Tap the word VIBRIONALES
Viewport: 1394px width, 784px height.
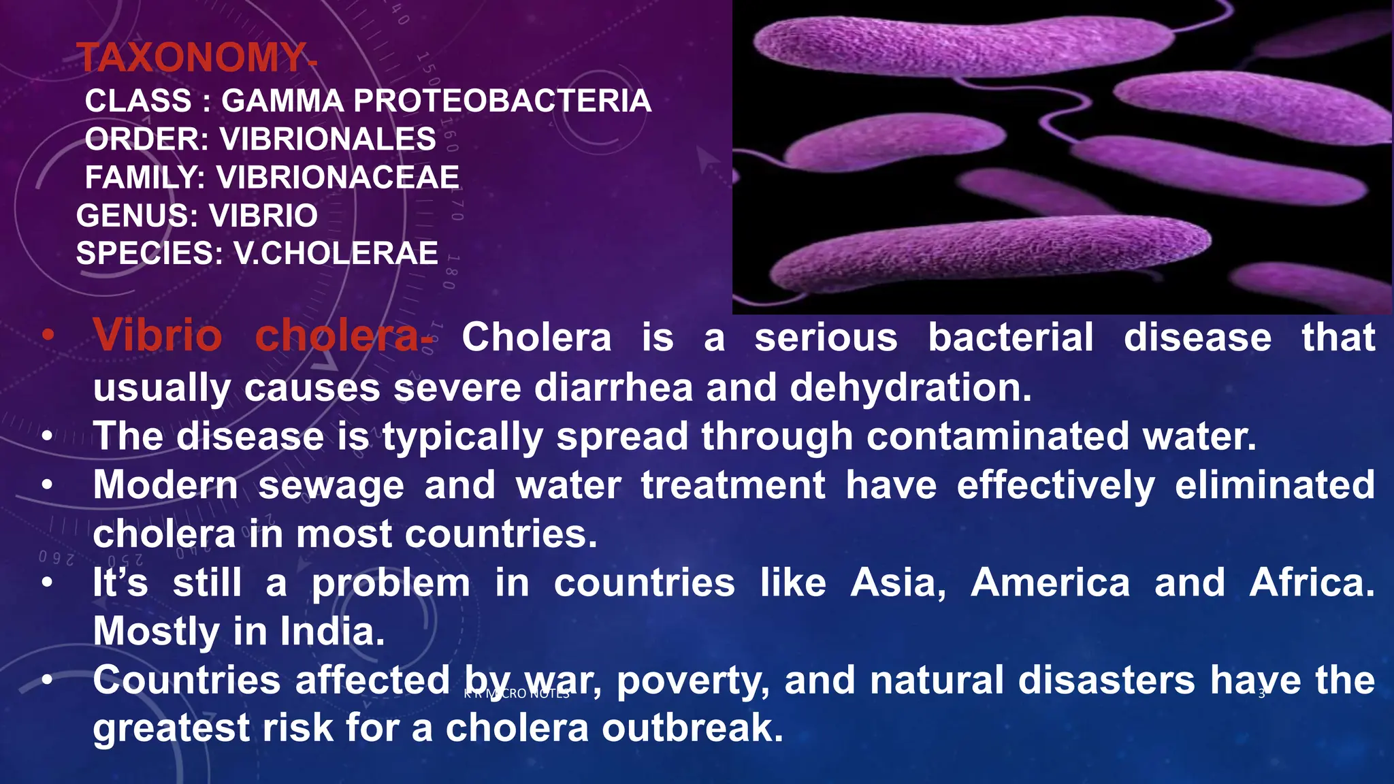pos(327,140)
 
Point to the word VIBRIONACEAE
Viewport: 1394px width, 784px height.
pos(338,178)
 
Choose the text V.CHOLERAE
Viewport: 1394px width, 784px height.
pos(336,254)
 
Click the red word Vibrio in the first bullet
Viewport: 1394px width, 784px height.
pos(158,336)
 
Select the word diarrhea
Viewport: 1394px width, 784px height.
pos(613,387)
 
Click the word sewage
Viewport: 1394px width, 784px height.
pos(331,485)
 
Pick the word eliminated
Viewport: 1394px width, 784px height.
pos(1275,485)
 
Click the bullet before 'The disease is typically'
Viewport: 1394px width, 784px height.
pos(46,437)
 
